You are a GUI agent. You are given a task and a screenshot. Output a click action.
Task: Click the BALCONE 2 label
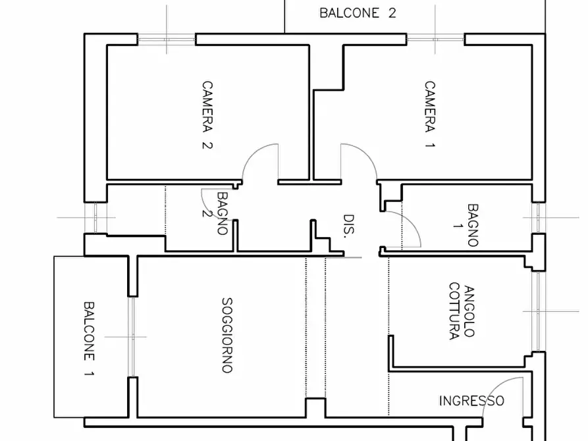[x=357, y=13]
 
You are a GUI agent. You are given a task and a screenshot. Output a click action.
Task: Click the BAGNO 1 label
[x=472, y=225]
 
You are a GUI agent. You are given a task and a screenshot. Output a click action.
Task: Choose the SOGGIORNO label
[x=227, y=336]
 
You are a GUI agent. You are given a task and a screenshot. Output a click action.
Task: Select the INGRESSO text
[x=471, y=400]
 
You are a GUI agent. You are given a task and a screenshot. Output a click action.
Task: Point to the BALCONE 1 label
[x=89, y=340]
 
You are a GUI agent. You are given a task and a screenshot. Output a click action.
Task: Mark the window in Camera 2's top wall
[x=167, y=39]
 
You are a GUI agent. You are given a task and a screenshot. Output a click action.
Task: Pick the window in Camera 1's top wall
[x=437, y=39]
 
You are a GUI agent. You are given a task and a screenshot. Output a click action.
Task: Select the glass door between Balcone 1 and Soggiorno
[x=132, y=336]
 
